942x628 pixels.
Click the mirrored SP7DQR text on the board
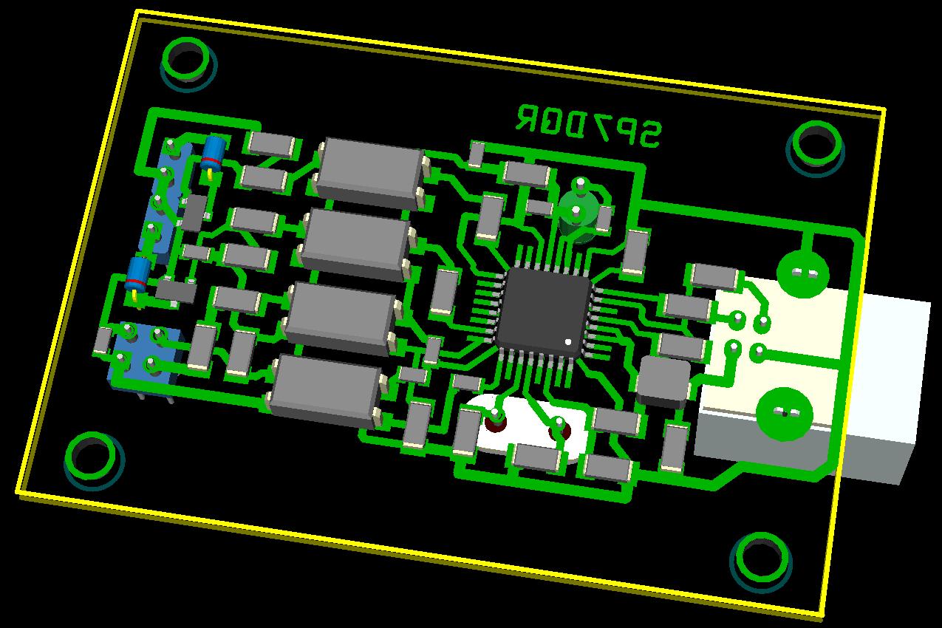click(588, 126)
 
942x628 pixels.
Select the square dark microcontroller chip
click(545, 313)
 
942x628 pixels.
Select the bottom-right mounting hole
click(762, 557)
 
